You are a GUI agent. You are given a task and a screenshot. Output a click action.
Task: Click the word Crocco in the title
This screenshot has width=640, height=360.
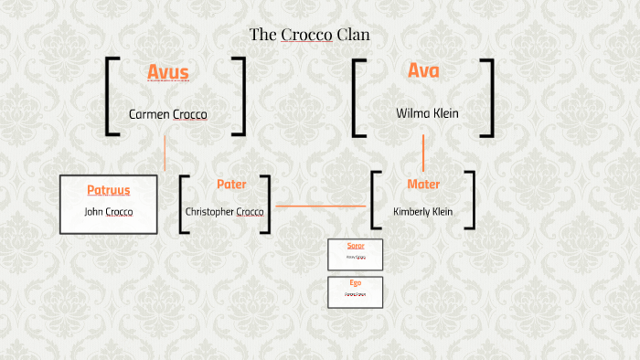(x=306, y=36)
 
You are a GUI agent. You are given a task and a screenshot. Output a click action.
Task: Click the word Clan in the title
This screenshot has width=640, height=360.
(x=353, y=36)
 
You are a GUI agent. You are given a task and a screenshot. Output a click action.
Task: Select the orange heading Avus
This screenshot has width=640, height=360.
(x=168, y=72)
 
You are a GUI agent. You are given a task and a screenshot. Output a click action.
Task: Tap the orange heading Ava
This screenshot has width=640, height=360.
(x=423, y=70)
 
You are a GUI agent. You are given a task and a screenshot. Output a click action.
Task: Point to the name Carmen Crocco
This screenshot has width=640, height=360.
(x=168, y=115)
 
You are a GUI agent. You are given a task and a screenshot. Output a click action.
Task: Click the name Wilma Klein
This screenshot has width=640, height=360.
(x=427, y=114)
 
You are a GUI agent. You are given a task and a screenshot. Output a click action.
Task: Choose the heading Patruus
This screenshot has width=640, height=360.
(x=109, y=190)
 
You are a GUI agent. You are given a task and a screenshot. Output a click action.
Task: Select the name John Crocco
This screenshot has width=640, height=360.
(x=109, y=212)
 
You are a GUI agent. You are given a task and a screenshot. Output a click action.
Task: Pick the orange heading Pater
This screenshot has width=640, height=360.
(x=231, y=185)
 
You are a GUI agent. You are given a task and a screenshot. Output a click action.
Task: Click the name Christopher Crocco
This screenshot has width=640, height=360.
(x=225, y=212)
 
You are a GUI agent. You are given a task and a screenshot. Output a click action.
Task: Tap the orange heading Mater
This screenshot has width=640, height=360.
(x=423, y=185)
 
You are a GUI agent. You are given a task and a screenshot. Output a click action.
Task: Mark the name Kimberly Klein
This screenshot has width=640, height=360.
(x=423, y=212)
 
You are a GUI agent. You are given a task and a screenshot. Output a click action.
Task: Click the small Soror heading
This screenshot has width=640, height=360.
(x=356, y=247)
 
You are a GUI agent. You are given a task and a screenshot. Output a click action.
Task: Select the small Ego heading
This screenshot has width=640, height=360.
(x=356, y=283)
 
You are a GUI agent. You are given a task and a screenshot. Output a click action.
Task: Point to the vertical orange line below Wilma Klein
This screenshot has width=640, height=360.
(x=423, y=153)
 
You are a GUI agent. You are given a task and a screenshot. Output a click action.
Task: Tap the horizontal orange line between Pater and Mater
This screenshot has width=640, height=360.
(x=320, y=206)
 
